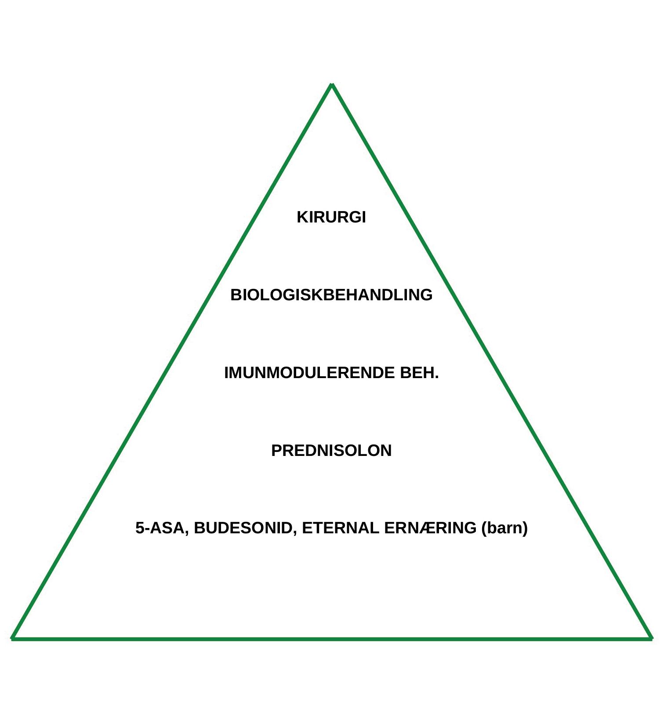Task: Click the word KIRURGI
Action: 331,217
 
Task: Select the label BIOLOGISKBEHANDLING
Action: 331,295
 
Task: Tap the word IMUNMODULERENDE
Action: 309,373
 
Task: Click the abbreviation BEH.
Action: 419,373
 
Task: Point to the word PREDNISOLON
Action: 331,451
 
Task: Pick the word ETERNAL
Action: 341,528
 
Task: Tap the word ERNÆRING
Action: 430,528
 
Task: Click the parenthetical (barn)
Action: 504,528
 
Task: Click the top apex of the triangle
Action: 332,84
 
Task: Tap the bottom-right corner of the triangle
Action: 651,638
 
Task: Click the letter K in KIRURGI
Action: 302,217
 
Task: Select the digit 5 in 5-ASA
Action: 140,528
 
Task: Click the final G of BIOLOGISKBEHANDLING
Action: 427,295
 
